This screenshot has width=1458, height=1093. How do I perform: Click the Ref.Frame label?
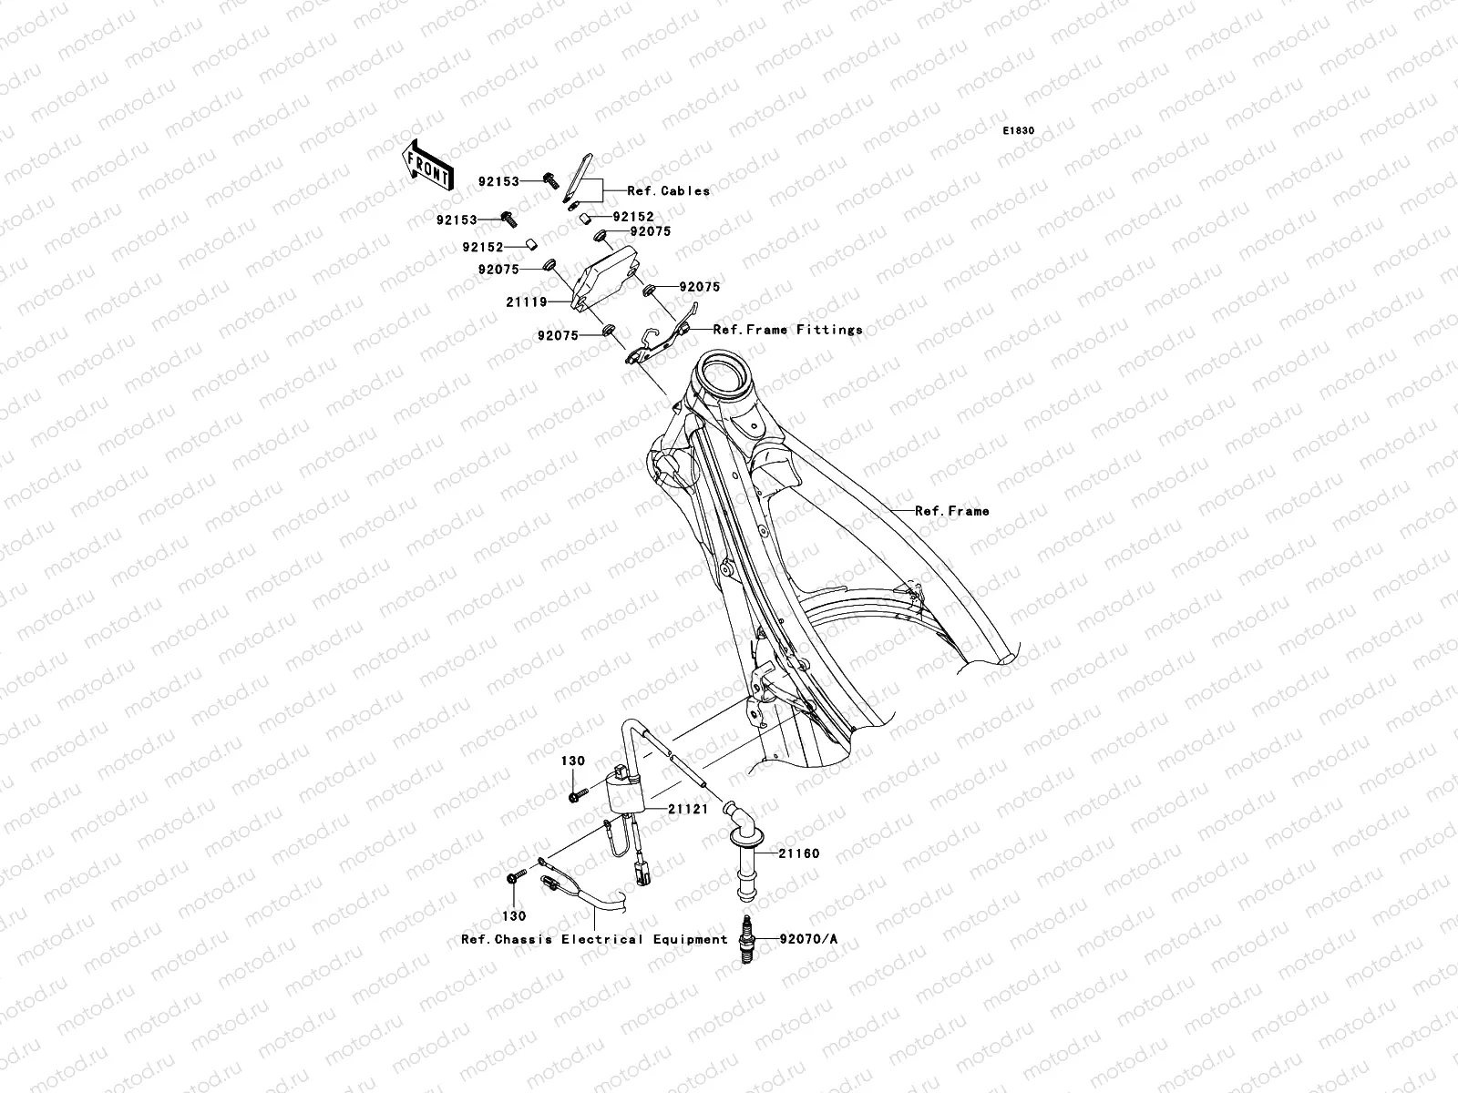pos(951,511)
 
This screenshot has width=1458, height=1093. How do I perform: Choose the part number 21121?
pos(689,809)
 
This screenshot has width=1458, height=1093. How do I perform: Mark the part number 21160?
pos(798,853)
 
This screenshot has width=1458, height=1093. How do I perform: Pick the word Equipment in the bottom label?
pos(689,939)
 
